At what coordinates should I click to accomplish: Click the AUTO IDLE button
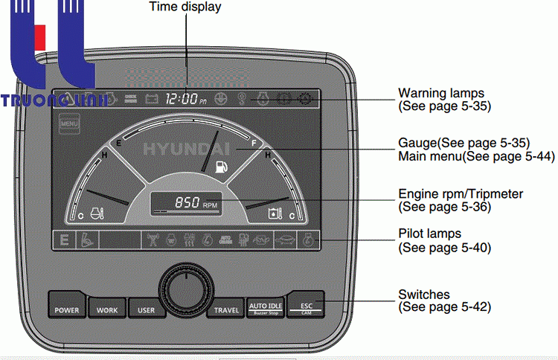[x=266, y=306]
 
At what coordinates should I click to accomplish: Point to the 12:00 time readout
[x=182, y=98]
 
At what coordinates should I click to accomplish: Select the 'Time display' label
[x=185, y=7]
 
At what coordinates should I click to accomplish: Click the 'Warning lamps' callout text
[x=441, y=94]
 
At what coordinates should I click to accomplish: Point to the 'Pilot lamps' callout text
[x=430, y=234]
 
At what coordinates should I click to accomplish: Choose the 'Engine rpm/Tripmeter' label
[x=461, y=194]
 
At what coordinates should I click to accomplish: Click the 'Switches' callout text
[x=424, y=295]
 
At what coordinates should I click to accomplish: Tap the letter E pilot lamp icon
[x=65, y=240]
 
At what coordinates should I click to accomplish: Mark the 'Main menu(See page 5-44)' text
[x=464, y=155]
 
